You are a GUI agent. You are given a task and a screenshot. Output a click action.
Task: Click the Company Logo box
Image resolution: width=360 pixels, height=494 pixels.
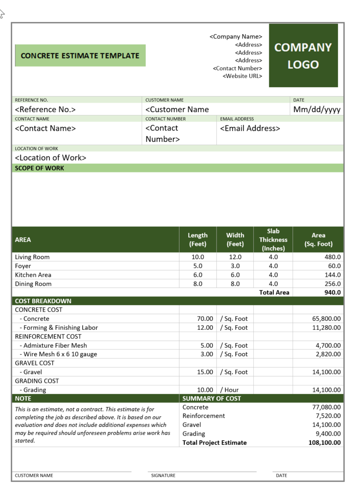(303, 56)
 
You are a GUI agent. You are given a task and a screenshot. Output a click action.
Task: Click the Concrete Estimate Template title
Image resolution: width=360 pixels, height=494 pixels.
(80, 56)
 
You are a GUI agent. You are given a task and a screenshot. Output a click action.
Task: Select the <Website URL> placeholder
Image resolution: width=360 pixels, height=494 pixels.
(242, 76)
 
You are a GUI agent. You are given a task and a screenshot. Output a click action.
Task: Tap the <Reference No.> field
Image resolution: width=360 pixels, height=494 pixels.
(45, 109)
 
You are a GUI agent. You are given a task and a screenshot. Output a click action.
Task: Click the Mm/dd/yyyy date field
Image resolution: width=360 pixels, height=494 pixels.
(317, 109)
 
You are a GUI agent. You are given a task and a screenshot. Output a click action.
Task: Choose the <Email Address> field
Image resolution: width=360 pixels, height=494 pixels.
(250, 129)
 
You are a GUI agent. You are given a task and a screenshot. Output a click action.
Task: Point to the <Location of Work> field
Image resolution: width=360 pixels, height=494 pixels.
(51, 158)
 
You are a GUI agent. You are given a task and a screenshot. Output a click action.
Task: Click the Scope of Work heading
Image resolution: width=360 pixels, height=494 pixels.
(40, 168)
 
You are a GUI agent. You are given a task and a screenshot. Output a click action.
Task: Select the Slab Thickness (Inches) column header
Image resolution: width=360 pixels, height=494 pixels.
(273, 240)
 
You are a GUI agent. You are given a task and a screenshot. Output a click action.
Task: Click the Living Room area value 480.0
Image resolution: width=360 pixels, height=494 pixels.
(331, 257)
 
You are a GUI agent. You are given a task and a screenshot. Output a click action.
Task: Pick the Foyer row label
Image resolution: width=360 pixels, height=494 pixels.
(23, 266)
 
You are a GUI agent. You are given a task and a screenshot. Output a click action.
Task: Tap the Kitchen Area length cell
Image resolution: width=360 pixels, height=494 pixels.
(198, 275)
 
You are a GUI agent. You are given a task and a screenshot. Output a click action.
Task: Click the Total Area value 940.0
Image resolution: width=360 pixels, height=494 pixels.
(333, 292)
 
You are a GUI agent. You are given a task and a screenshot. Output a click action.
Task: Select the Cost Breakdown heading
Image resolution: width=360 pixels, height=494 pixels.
(43, 301)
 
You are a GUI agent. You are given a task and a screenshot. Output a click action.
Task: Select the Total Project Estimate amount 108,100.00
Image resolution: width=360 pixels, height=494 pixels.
(324, 443)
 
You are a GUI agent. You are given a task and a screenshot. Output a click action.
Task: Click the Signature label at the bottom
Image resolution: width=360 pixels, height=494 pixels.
(163, 476)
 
